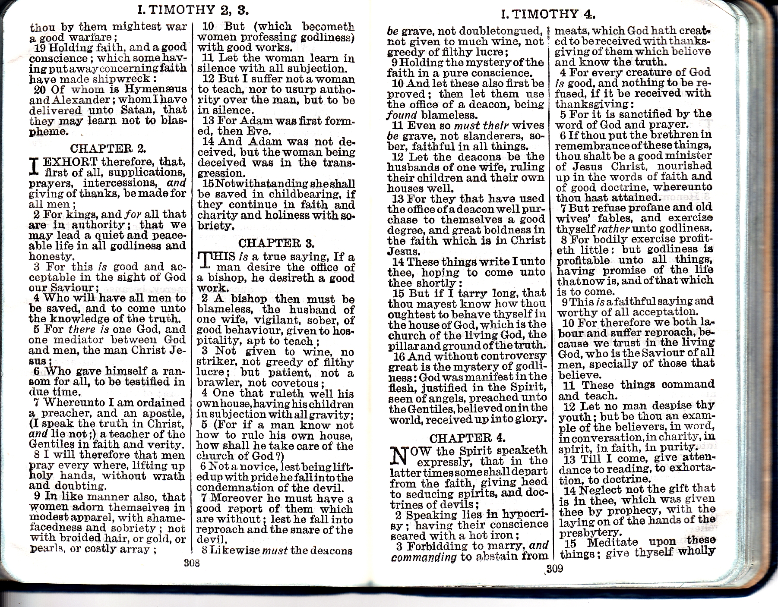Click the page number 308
(191, 563)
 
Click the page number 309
(554, 569)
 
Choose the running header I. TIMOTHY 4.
(548, 14)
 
